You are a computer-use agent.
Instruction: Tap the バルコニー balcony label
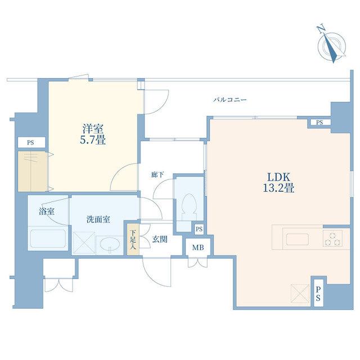pyautogui.click(x=230, y=100)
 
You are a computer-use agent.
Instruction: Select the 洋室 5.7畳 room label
pyautogui.click(x=93, y=134)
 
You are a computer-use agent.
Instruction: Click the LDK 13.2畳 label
pyautogui.click(x=278, y=182)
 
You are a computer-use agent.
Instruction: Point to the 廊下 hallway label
pyautogui.click(x=157, y=175)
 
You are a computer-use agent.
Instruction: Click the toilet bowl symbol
pyautogui.click(x=190, y=204)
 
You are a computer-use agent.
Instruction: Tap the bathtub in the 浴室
pyautogui.click(x=48, y=238)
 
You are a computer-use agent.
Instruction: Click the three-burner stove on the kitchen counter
pyautogui.click(x=332, y=238)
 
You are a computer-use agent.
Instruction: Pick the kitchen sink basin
pyautogui.click(x=298, y=240)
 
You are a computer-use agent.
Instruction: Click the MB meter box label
pyautogui.click(x=198, y=247)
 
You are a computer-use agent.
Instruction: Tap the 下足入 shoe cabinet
pyautogui.click(x=133, y=240)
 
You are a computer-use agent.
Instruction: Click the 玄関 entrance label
pyautogui.click(x=160, y=240)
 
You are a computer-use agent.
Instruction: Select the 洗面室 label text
pyautogui.click(x=98, y=220)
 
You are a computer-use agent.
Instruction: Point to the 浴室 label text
pyautogui.click(x=47, y=211)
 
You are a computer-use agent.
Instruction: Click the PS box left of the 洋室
pyautogui.click(x=31, y=142)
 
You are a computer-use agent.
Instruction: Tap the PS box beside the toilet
pyautogui.click(x=199, y=229)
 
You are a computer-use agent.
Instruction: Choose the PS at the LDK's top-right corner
pyautogui.click(x=319, y=123)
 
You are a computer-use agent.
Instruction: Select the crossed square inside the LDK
pyautogui.click(x=300, y=294)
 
